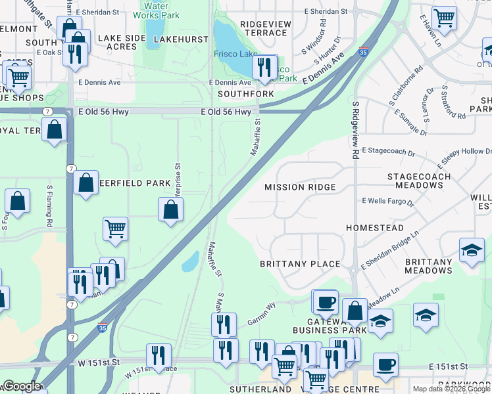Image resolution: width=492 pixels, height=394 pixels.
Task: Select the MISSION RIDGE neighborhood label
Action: point(300,187)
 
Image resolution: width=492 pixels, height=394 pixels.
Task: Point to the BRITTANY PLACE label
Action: point(300,264)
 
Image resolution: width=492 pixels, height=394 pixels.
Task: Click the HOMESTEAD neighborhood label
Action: point(375,228)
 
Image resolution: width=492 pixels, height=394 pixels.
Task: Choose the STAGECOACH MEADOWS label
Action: point(419,181)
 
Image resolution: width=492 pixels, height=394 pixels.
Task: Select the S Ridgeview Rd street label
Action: point(355,130)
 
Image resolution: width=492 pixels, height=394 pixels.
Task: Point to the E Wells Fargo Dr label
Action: point(388,201)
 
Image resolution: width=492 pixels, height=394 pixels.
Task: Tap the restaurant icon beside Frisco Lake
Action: point(264,66)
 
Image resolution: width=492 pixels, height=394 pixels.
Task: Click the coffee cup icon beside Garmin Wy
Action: point(325,302)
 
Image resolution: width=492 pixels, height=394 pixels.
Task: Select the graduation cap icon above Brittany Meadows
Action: point(472,250)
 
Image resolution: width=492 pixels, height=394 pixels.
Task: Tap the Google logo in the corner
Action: point(22,386)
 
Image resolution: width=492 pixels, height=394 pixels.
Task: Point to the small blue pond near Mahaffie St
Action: point(190,261)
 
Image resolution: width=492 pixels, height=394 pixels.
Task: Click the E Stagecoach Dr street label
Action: point(388,152)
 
